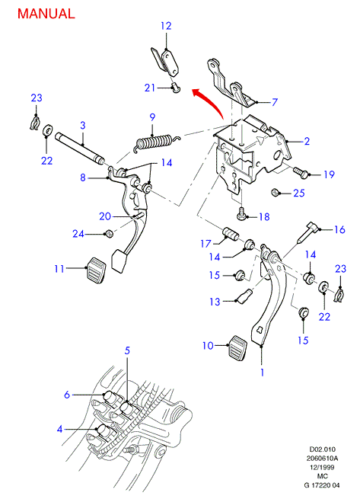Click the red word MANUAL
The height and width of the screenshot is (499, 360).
46,14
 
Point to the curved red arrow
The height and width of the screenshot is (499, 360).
211,101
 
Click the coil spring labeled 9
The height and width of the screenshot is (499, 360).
156,142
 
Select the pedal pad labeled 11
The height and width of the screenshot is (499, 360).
96,270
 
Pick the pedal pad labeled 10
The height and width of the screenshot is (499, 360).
237,347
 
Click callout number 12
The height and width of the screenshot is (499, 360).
166,26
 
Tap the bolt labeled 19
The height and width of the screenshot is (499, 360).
300,172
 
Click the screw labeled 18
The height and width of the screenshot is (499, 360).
241,214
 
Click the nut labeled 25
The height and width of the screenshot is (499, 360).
275,193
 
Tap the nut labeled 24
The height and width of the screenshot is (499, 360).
109,233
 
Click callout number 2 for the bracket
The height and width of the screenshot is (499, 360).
307,141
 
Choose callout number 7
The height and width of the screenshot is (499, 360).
274,102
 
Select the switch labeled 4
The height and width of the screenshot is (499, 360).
104,432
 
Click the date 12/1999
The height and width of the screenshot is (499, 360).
322,467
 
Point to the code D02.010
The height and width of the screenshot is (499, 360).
322,449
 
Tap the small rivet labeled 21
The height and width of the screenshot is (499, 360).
175,87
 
